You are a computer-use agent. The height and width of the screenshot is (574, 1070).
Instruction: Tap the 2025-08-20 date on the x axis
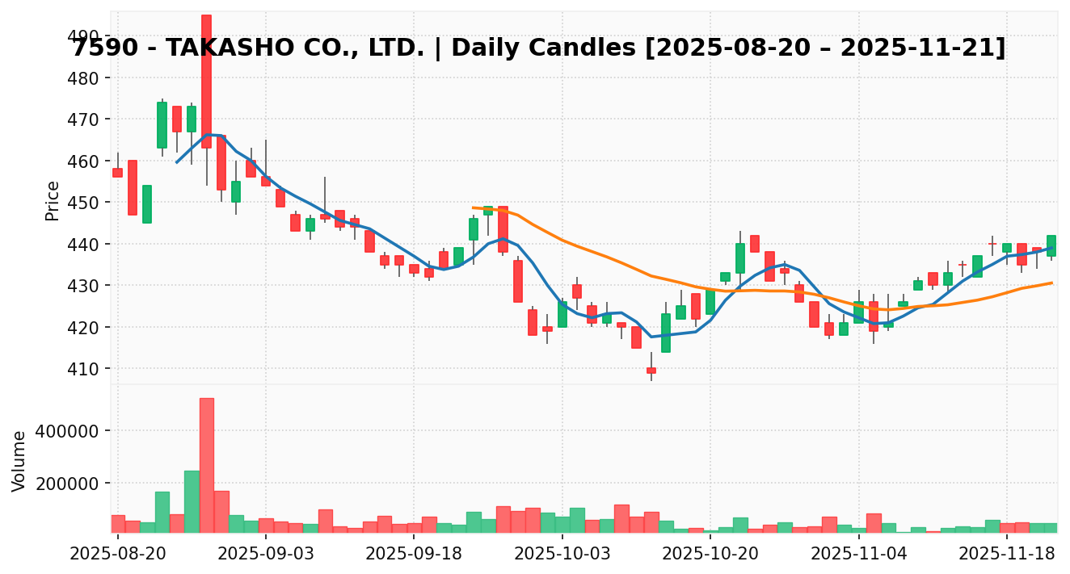point(118,554)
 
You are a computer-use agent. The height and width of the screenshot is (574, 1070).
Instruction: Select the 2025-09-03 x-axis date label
point(266,554)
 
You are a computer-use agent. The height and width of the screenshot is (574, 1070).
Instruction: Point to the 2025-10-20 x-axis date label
point(710,554)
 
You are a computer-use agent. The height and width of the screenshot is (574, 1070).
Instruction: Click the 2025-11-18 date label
point(1007,554)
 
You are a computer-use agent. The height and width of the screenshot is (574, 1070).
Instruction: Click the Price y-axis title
point(53,200)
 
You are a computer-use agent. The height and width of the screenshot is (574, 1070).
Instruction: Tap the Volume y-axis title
point(19,460)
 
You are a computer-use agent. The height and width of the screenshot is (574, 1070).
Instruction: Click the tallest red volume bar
point(207,465)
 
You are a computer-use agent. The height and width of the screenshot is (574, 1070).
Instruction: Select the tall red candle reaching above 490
point(206,81)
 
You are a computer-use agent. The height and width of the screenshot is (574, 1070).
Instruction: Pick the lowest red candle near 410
point(651,371)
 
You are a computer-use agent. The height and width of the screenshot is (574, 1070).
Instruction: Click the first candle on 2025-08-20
point(118,173)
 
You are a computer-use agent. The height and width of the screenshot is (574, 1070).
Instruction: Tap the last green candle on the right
point(1051,245)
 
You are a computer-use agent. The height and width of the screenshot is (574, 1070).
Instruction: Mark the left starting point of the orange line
point(473,207)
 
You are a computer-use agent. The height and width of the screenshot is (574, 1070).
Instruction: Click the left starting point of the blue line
point(177,162)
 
